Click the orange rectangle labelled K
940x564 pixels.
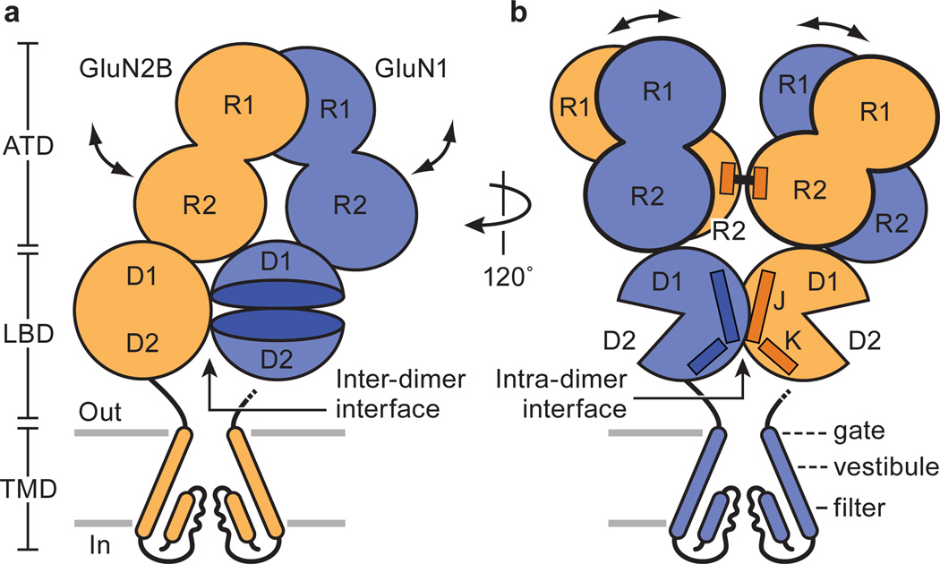pyautogui.click(x=777, y=356)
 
